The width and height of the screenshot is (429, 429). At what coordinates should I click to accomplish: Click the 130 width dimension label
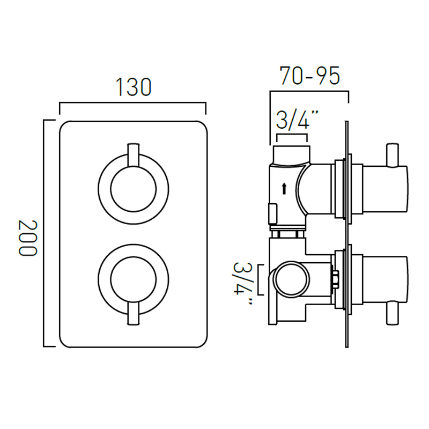pos(134,87)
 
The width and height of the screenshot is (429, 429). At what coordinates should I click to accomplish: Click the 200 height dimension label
pos(27,238)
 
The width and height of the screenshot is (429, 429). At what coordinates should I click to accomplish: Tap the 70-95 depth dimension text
pos(309,76)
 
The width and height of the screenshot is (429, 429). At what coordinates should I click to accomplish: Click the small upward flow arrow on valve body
pos(284,188)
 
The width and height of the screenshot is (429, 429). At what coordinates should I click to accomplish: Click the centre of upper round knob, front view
pos(134,189)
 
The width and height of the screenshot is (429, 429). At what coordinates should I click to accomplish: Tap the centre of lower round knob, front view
pos(134,279)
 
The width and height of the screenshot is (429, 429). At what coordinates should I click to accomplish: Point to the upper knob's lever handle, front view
pos(134,154)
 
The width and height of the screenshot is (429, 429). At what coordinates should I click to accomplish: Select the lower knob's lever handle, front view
pos(134,313)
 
